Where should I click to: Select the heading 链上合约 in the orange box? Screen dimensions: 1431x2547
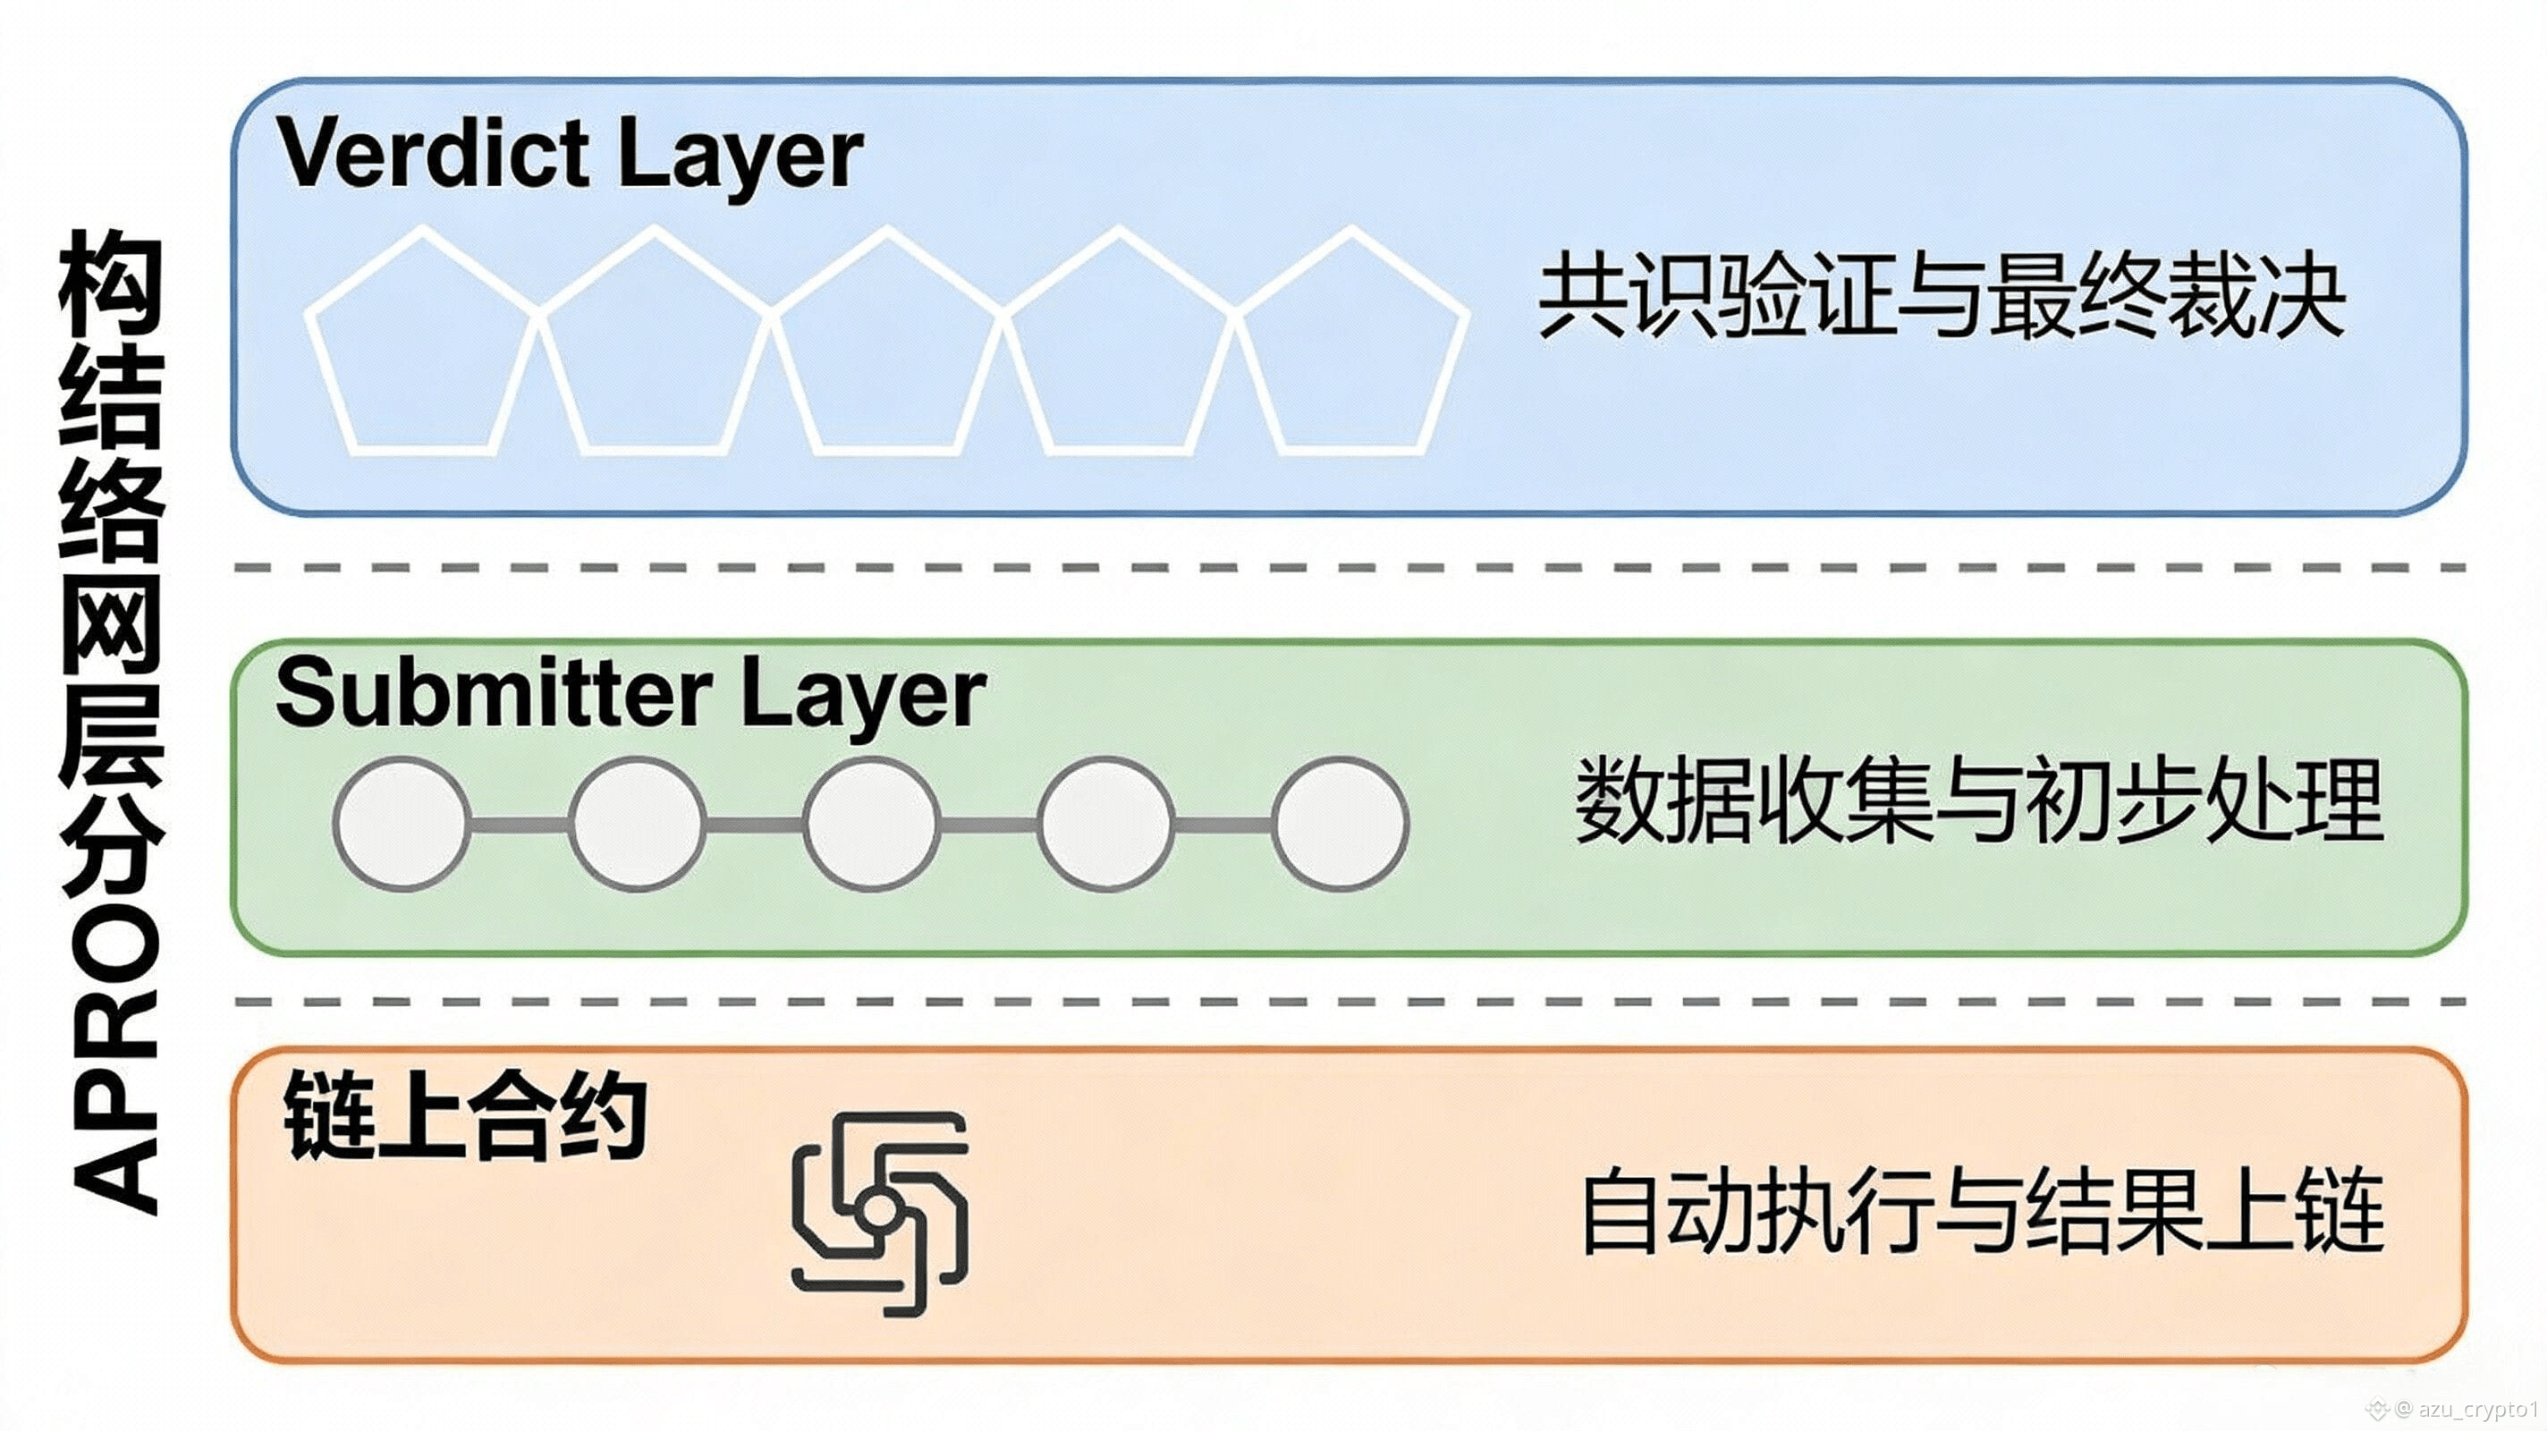tap(465, 1117)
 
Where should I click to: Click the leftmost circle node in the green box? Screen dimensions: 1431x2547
tap(401, 824)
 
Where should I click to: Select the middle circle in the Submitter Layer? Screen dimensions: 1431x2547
tap(871, 824)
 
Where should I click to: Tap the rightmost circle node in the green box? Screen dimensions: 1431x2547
tap(1340, 824)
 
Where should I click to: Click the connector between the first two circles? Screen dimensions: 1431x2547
tap(519, 824)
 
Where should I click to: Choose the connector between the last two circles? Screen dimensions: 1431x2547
tap(1223, 824)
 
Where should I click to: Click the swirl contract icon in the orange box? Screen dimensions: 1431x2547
tap(880, 1214)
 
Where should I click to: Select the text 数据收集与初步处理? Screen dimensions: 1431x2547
tap(1977, 801)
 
